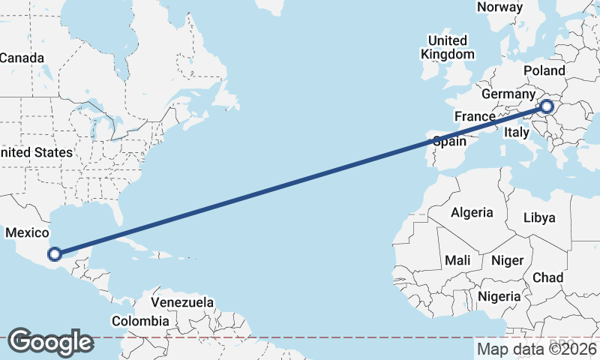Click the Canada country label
[x=22, y=58]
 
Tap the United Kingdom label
[x=448, y=47]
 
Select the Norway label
[x=499, y=7]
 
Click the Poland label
[x=544, y=70]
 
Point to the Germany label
[x=507, y=94]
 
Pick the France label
[x=475, y=116]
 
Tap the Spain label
[x=450, y=141]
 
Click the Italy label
[x=517, y=131]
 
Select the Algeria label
[x=472, y=212]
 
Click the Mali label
[x=457, y=260]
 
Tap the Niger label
[x=506, y=260]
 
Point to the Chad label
[x=547, y=277]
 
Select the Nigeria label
[x=499, y=296]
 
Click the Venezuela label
[x=182, y=302]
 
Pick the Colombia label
[x=140, y=321]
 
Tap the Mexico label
[x=27, y=233]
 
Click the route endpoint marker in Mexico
[x=54, y=253]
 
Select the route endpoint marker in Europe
[x=546, y=106]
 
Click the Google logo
[x=50, y=341]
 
